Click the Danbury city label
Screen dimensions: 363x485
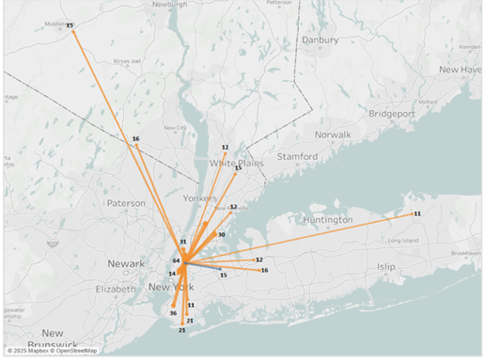(320, 39)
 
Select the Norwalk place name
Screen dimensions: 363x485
(332, 134)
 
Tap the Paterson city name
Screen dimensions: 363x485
(126, 202)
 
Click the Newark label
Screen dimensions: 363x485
(126, 263)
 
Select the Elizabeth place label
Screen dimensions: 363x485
(117, 289)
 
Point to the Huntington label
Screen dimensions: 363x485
(328, 219)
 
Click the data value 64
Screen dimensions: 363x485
(176, 260)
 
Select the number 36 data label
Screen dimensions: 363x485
(173, 312)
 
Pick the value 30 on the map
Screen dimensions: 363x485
(221, 234)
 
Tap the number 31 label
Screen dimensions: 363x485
(183, 242)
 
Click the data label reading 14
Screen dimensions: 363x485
(172, 273)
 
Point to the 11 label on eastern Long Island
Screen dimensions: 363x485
(416, 214)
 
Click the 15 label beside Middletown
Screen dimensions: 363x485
(70, 25)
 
